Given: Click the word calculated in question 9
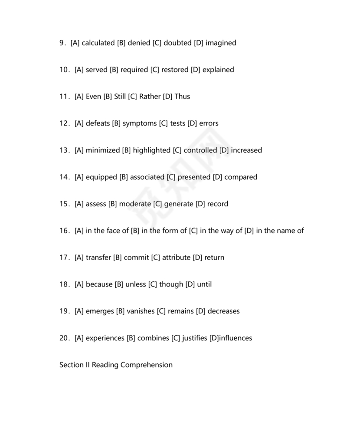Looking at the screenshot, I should pos(98,43).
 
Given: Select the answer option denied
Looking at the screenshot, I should pos(138,43).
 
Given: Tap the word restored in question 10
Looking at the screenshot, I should pos(175,70).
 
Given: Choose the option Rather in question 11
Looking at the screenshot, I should pos(150,97).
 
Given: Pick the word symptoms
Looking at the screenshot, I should pos(140,124).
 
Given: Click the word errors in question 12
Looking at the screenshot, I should pos(209,124).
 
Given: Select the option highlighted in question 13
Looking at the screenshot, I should pos(151,151).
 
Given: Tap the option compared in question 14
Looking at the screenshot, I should pos(241,177).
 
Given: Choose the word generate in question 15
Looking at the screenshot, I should pos(178,204).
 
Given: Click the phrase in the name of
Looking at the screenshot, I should pos(280,231).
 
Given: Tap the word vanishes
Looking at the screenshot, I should pos(141,311).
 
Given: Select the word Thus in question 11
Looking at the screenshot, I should pos(182,97).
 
